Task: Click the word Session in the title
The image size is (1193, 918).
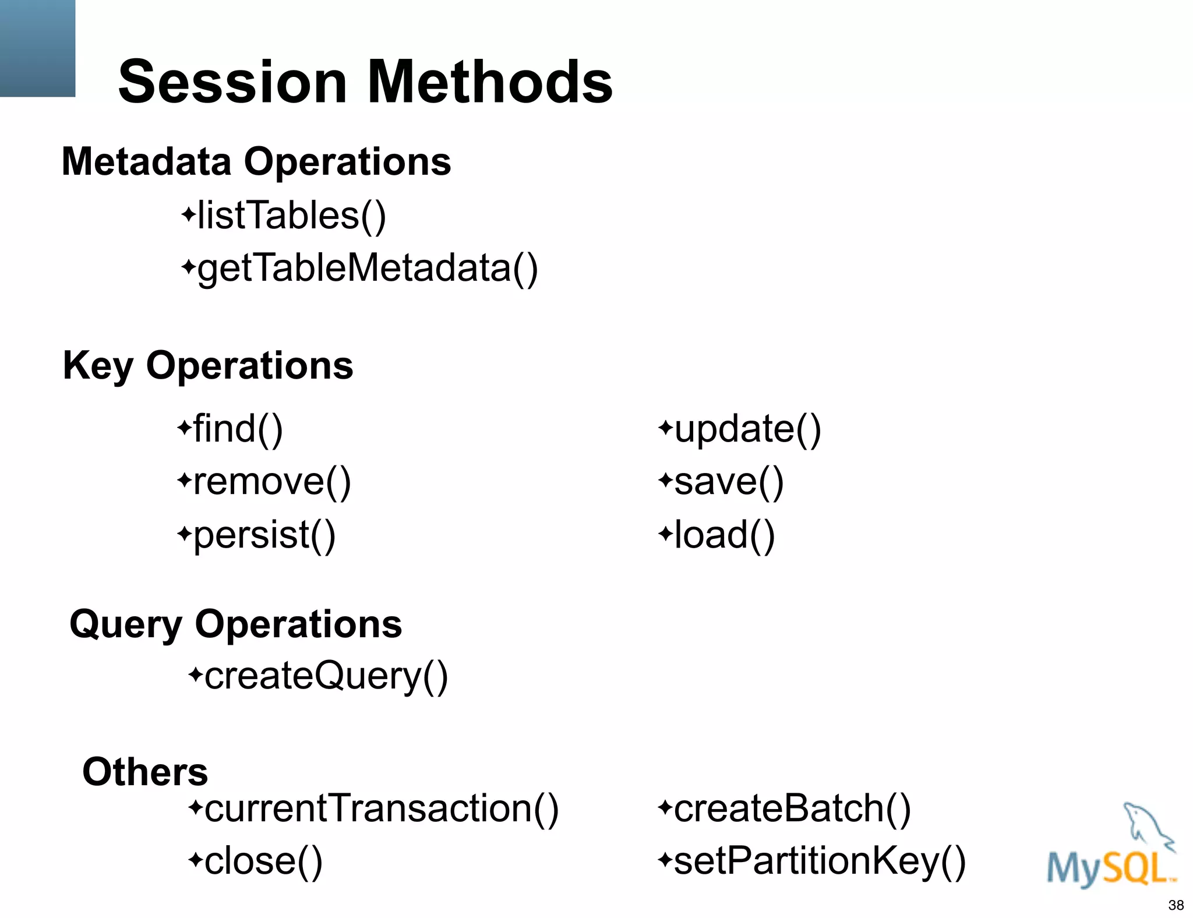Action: click(x=233, y=82)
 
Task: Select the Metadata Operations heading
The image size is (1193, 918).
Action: click(x=256, y=161)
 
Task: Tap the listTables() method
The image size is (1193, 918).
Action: click(x=291, y=216)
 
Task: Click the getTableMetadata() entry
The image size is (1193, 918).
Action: click(x=367, y=269)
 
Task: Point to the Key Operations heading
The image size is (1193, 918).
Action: click(x=208, y=366)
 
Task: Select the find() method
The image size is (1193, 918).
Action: click(x=238, y=429)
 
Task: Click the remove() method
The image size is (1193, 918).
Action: click(x=271, y=482)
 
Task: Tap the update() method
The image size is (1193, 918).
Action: click(x=747, y=429)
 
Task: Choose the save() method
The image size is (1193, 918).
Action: click(x=728, y=482)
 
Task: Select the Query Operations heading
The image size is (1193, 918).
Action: click(x=236, y=624)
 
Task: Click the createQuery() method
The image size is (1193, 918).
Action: click(x=326, y=676)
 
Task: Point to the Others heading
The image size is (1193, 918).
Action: click(x=145, y=772)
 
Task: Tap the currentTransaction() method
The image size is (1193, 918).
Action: click(x=381, y=808)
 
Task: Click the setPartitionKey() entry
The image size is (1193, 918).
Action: click(x=819, y=861)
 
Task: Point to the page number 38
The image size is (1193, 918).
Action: click(x=1176, y=905)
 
